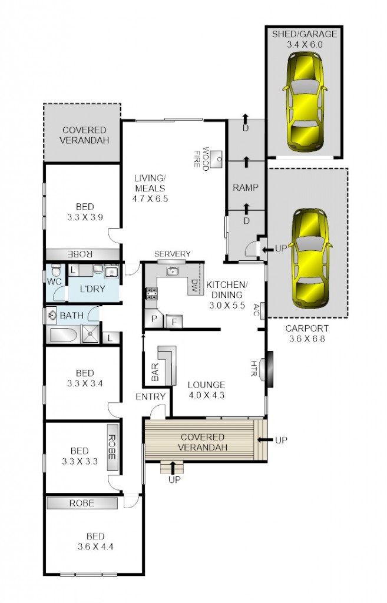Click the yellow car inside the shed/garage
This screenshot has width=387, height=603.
[x=305, y=102]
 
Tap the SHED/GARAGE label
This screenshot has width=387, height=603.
[x=305, y=34]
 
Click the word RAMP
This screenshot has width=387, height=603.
[x=245, y=188]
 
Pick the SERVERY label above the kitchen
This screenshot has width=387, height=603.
[x=172, y=254]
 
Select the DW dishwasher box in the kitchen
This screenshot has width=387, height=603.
[x=194, y=287]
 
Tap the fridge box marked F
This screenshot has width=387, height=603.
[x=173, y=322]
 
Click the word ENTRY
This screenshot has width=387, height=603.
[x=150, y=397]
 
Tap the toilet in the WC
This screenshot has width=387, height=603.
[x=55, y=272]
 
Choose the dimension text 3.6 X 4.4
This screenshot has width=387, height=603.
[x=95, y=546]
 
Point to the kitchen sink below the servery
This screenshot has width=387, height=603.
[x=172, y=271]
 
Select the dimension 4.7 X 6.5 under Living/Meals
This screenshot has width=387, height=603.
[x=150, y=198]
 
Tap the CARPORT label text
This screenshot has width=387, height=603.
[x=306, y=328]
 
